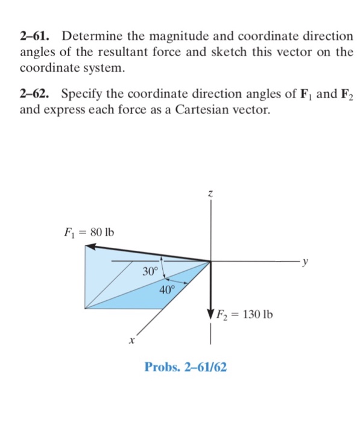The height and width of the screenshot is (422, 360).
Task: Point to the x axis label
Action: click(130, 341)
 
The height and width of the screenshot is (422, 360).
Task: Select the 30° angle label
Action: click(150, 271)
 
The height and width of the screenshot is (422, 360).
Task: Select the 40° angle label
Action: click(168, 289)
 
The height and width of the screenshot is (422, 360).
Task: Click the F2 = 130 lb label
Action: click(246, 314)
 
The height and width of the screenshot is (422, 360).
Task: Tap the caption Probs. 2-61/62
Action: click(186, 367)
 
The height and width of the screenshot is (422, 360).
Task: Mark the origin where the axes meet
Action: click(210, 262)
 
